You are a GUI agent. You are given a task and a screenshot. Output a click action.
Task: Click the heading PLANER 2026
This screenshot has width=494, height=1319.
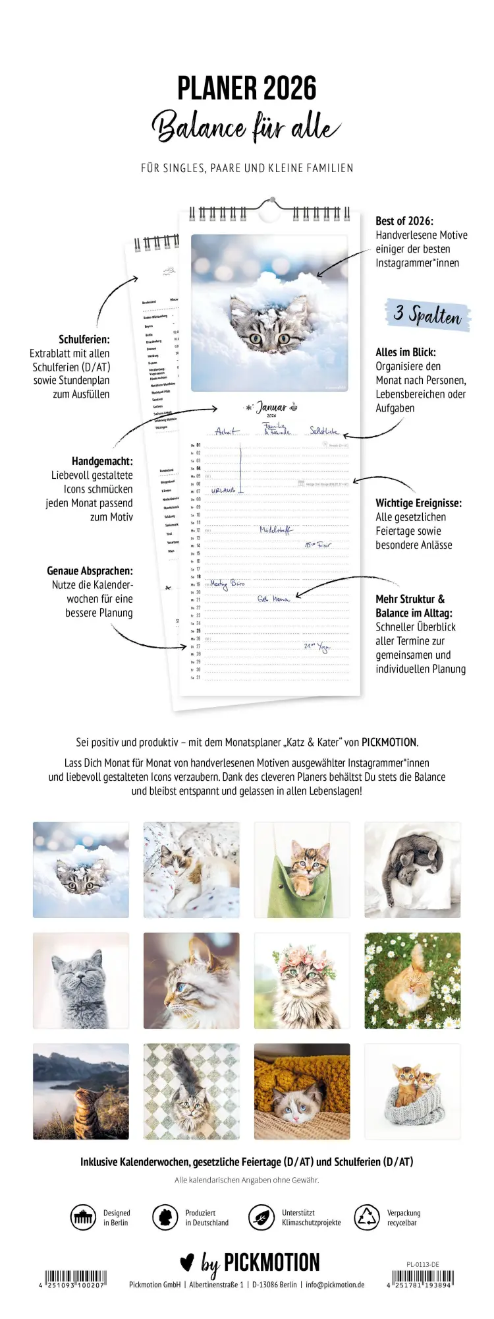tap(247, 88)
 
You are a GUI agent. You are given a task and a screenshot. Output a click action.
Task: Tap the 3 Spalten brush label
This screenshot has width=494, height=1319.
tap(427, 315)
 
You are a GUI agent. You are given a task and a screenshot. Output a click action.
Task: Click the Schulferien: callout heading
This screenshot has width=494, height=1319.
tap(84, 339)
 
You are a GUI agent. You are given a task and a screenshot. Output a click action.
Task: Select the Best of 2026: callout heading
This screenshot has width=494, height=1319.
tap(404, 221)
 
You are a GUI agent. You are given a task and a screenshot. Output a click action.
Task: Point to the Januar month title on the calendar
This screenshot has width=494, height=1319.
tap(271, 408)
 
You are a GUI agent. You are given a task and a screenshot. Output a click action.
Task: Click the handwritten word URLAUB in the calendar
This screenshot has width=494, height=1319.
tap(223, 491)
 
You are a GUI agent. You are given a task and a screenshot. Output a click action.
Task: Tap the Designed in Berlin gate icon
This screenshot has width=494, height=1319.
tap(83, 1217)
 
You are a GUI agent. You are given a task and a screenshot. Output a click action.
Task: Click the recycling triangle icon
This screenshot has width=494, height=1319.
tap(367, 1217)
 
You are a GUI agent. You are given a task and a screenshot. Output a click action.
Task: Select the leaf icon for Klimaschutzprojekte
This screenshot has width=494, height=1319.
tap(261, 1217)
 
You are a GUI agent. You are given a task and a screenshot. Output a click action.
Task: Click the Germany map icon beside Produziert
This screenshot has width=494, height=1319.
tap(165, 1217)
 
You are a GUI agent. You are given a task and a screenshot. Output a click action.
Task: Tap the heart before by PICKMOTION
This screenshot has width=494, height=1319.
tap(187, 1262)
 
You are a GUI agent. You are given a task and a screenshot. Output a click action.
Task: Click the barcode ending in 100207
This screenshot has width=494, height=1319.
tap(76, 1277)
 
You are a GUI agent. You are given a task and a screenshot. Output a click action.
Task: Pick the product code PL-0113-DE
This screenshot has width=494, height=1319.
tap(423, 1264)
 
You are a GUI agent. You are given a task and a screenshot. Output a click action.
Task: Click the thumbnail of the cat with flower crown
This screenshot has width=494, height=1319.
tap(302, 981)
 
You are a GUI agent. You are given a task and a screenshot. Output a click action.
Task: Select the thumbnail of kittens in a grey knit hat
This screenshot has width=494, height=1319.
tap(412, 1091)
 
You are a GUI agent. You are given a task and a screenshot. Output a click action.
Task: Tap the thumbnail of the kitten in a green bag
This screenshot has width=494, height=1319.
tap(302, 870)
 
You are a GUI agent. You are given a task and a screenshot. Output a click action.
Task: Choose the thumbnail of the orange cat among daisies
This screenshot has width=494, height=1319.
tap(412, 981)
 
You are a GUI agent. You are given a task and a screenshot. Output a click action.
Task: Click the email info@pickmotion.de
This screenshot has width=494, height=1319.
tap(335, 1285)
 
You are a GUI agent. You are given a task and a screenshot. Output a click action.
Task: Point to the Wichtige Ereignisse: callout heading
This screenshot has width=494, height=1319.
tap(418, 503)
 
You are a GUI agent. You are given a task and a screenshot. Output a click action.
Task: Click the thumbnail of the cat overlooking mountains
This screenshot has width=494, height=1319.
tap(81, 1091)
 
